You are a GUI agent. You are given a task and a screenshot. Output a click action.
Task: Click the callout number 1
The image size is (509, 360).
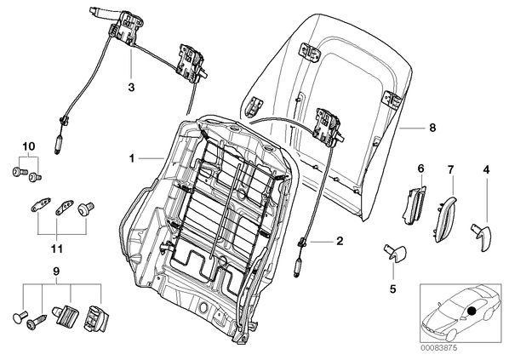pos(132,158)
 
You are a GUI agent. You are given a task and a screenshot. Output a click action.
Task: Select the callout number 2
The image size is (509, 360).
pos(340,241)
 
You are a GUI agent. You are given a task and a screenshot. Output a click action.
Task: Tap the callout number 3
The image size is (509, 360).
pos(131,88)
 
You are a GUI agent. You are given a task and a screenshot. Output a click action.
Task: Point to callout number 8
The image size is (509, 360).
pos(432,128)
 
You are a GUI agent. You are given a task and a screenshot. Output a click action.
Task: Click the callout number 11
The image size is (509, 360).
pos(56,249)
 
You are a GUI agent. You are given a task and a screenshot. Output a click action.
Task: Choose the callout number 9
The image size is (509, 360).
pos(56,271)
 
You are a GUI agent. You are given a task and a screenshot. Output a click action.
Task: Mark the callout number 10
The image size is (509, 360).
pos(29,146)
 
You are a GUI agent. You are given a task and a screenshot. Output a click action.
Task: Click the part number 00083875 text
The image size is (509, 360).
pos(439,348)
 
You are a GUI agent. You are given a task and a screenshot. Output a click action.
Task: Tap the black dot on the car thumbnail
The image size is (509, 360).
pos(472,311)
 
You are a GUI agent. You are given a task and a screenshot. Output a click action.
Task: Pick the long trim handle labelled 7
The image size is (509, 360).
pos(444,218)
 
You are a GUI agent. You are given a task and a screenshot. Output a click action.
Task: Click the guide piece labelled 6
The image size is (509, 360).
pos(414,205)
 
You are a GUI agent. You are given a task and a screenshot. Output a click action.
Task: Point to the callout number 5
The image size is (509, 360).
pos(392,289)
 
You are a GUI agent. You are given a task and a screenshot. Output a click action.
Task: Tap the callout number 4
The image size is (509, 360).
pos(486,169)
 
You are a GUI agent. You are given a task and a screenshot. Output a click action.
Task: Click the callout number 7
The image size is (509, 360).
pos(450,169)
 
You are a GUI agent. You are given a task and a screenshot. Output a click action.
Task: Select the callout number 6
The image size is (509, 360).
pos(420,169)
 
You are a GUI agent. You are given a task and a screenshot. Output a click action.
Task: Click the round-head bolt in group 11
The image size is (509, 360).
pos(86,208)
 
